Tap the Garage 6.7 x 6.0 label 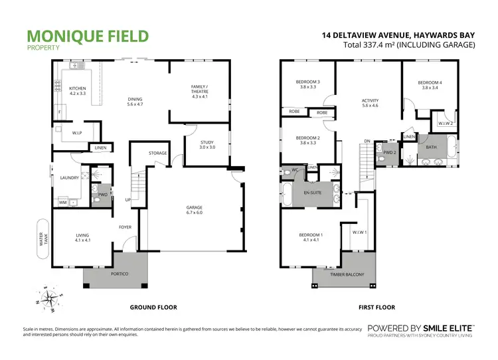(x=195, y=211)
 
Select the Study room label (x=207, y=145)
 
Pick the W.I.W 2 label (x=444, y=123)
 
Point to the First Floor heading (x=376, y=308)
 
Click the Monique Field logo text (x=88, y=36)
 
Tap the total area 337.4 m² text (x=409, y=45)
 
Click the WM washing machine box (x=63, y=202)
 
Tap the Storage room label (x=157, y=153)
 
